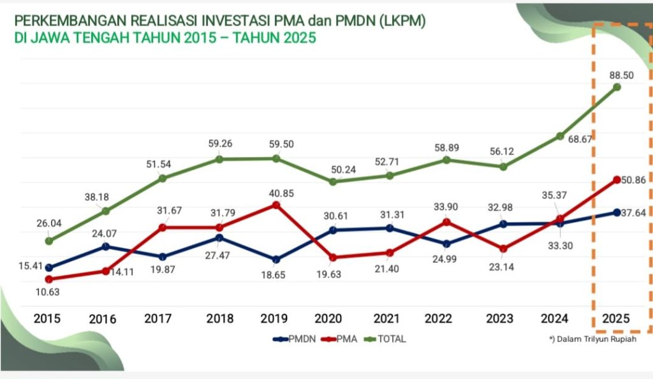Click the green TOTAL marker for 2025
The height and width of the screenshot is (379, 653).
pyautogui.click(x=617, y=87)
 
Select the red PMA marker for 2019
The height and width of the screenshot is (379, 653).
pyautogui.click(x=276, y=205)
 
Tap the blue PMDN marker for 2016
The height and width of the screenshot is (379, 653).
pyautogui.click(x=106, y=246)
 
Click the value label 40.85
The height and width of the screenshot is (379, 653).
pyautogui.click(x=281, y=193)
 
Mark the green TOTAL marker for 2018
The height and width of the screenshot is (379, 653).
pyautogui.click(x=219, y=159)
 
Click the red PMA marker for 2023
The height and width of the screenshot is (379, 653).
pyautogui.click(x=503, y=249)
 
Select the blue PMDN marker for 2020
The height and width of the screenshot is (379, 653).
pyautogui.click(x=332, y=230)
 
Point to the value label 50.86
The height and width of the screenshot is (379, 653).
pyautogui.click(x=633, y=180)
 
